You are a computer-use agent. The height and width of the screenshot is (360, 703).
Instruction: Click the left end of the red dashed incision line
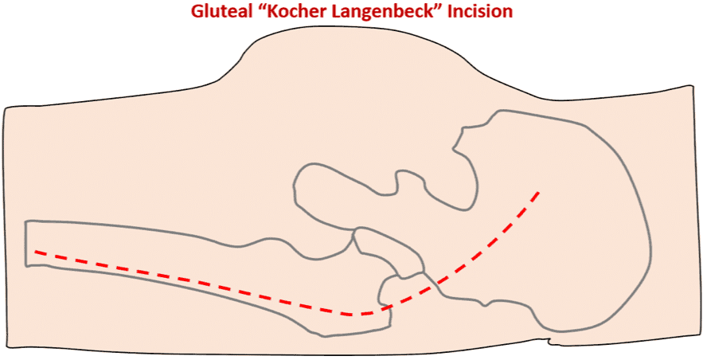[x=35, y=252]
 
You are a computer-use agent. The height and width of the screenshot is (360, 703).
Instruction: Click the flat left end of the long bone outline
[x=26, y=243]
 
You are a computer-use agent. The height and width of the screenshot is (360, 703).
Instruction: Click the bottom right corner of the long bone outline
[x=391, y=327]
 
